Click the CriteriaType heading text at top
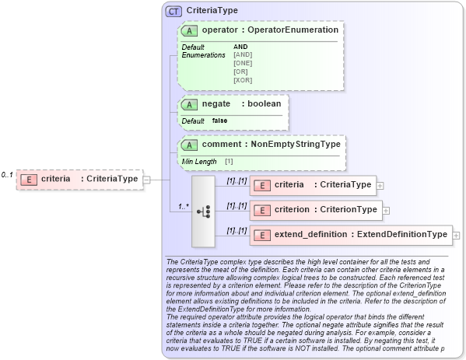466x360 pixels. tap(212, 11)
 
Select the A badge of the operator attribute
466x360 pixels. tap(189, 30)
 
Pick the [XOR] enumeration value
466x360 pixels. tap(243, 79)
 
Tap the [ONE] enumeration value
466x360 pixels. tap(243, 63)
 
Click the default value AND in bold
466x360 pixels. tap(240, 47)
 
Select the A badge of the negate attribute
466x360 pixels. tap(189, 104)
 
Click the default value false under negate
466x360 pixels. tap(220, 121)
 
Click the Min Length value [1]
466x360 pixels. tap(229, 161)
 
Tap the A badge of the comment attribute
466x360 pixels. tap(189, 145)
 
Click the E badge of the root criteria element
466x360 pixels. tap(29, 179)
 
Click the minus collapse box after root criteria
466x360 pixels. tap(146, 180)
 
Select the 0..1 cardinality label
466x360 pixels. tap(7, 174)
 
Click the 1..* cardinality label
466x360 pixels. tap(184, 206)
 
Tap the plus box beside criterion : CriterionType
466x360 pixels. tap(386, 210)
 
